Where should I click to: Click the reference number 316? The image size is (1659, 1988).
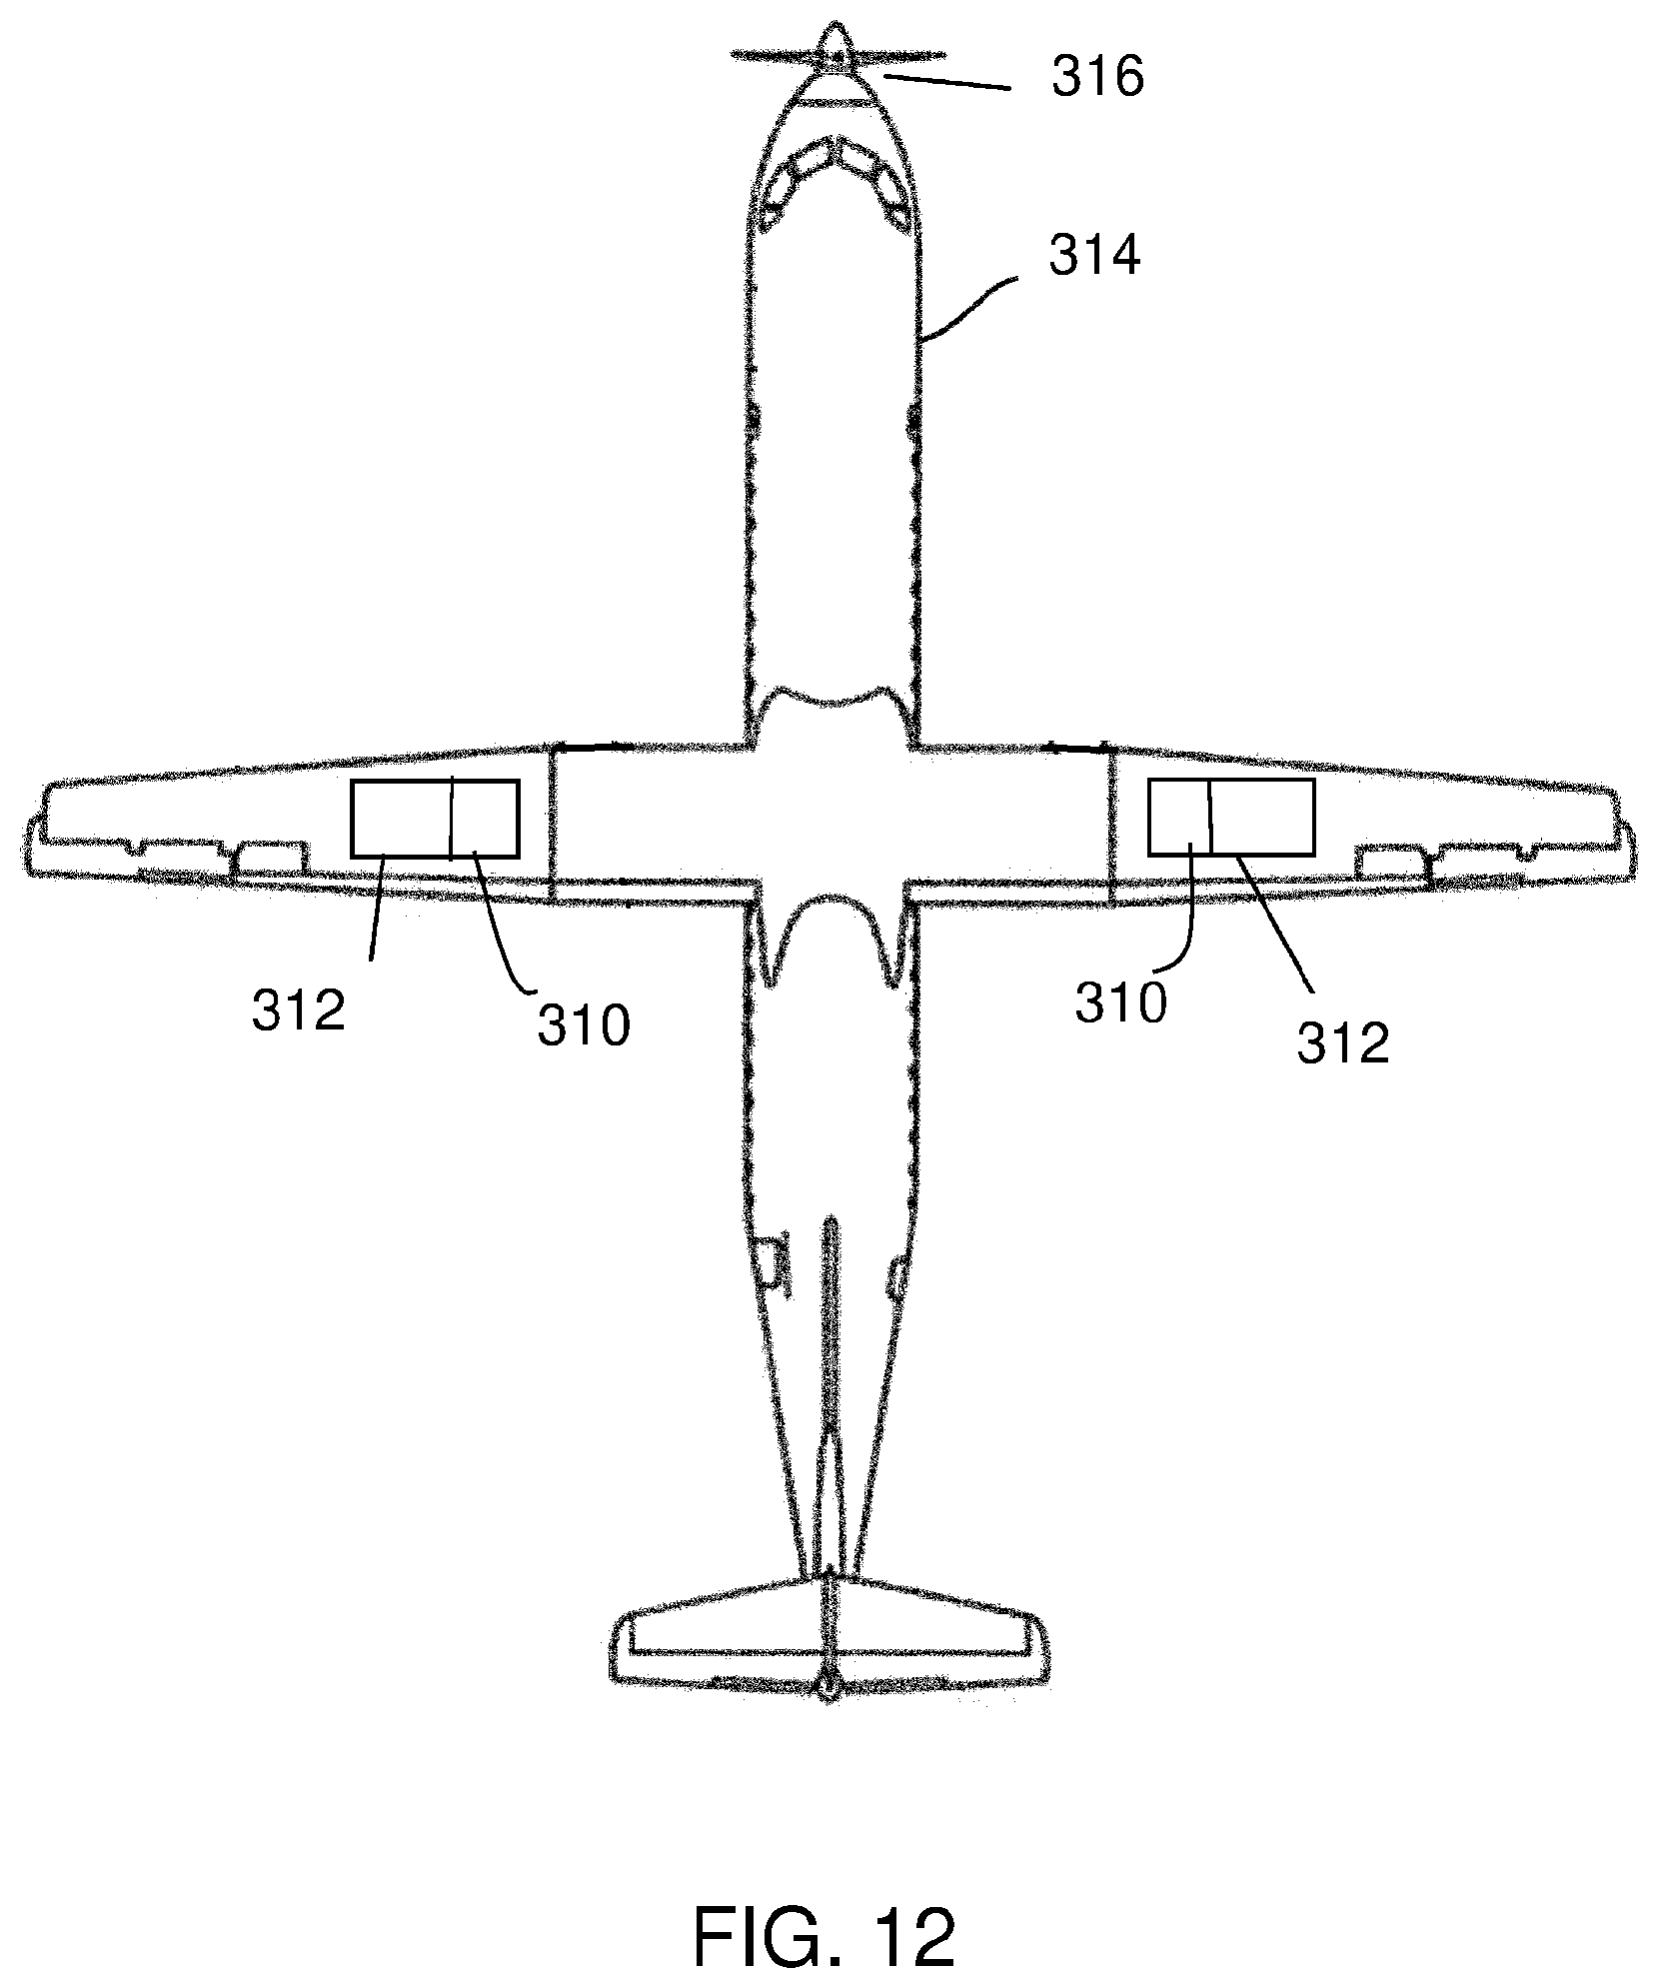click(x=1096, y=77)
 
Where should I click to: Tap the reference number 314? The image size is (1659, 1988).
click(x=1093, y=257)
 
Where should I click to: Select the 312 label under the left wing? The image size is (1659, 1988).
click(x=298, y=1011)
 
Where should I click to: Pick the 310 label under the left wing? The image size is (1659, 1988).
click(x=584, y=1024)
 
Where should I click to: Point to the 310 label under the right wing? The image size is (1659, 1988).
click(x=1120, y=1002)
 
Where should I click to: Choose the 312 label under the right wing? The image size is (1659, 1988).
click(x=1343, y=1042)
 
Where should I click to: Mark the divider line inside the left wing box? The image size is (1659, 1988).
click(x=452, y=818)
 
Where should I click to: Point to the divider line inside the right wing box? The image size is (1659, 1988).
click(x=1210, y=818)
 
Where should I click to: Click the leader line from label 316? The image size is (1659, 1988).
click(x=948, y=81)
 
